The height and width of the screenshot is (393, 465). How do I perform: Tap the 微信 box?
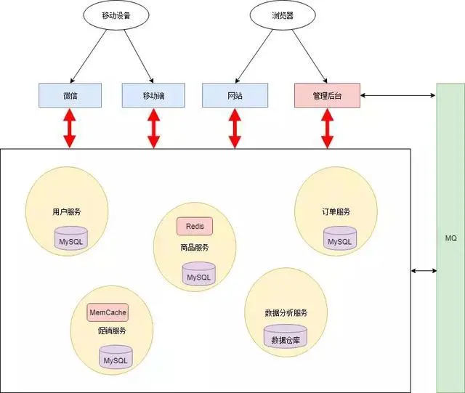pos(70,95)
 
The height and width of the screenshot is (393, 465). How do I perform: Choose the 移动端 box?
pos(153,95)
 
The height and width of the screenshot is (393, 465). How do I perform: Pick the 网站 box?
pos(234,95)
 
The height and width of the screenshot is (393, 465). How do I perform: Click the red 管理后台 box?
pos(327,95)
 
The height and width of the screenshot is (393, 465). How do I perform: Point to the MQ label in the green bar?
pos(450,238)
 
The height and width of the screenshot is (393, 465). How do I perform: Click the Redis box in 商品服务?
pos(195,226)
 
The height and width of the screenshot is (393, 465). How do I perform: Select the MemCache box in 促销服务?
pos(108,312)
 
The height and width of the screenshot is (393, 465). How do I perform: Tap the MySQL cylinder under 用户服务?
pos(72,238)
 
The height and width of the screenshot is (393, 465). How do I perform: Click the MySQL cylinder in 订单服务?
pos(339,240)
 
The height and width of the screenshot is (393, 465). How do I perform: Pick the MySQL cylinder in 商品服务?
pos(198,276)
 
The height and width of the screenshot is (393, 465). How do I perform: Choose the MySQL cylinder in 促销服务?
pos(115,359)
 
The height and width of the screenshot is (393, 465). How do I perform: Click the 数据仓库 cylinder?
pos(286,339)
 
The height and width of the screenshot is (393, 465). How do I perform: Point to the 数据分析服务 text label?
pos(286,312)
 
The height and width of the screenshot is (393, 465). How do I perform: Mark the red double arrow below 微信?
pos(70,128)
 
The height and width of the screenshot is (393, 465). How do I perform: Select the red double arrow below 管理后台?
pos(327,128)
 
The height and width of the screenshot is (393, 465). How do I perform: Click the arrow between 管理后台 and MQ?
pos(398,95)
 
